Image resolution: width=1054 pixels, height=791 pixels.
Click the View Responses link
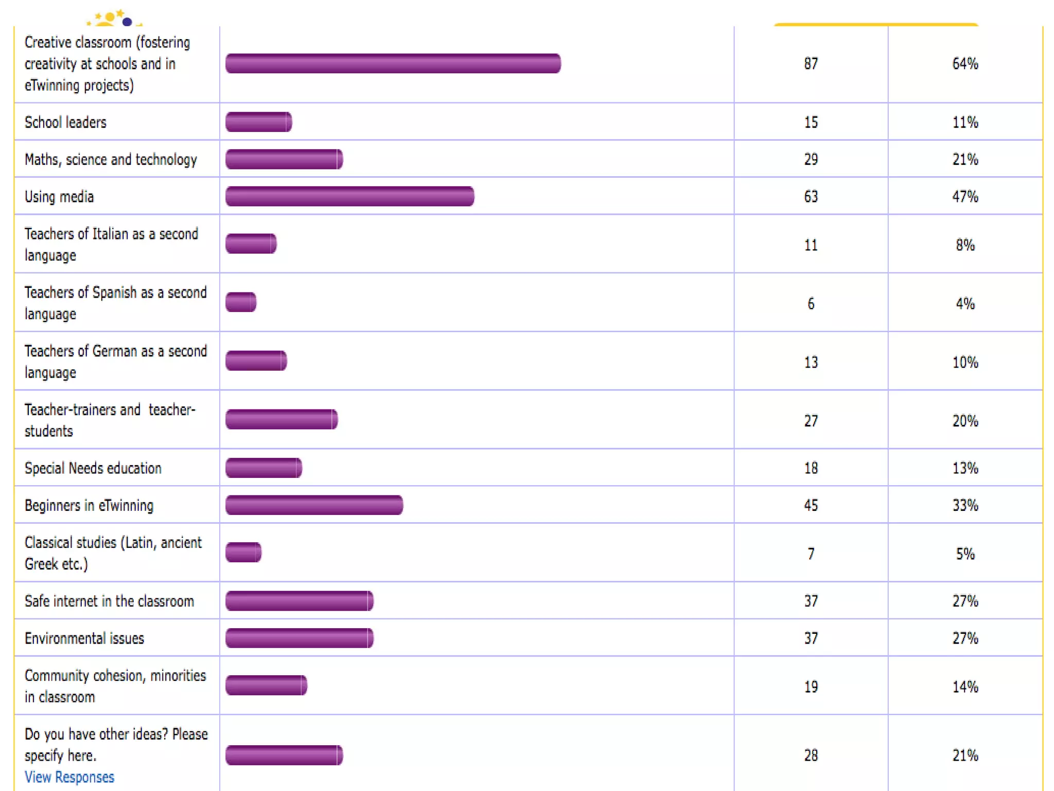pos(69,777)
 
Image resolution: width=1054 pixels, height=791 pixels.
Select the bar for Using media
pos(349,196)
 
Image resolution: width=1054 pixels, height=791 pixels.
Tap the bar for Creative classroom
pos(393,63)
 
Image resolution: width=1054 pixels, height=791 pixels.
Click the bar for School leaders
pos(258,122)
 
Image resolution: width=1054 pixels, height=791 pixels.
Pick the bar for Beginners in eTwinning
pos(314,505)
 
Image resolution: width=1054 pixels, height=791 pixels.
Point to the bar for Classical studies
pos(243,553)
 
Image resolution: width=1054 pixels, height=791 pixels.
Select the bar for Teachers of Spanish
pos(241,302)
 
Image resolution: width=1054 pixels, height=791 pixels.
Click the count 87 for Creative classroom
pos(811,64)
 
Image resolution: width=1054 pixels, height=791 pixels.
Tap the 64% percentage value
pos(965,64)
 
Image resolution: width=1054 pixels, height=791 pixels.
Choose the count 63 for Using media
pos(811,197)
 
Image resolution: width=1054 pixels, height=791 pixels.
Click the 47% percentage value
pos(965,197)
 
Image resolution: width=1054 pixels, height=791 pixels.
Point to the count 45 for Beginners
pos(811,505)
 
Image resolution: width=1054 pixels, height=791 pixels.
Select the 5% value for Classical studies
pos(965,554)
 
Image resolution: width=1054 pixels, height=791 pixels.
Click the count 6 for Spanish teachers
pos(811,304)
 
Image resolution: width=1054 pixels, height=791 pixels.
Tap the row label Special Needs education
pos(93,468)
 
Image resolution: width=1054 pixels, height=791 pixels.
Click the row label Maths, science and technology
pos(111,160)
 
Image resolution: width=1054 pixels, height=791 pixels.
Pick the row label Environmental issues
pos(84,639)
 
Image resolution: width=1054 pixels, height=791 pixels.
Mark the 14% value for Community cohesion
pos(965,687)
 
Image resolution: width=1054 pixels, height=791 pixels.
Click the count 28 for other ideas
pos(811,755)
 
